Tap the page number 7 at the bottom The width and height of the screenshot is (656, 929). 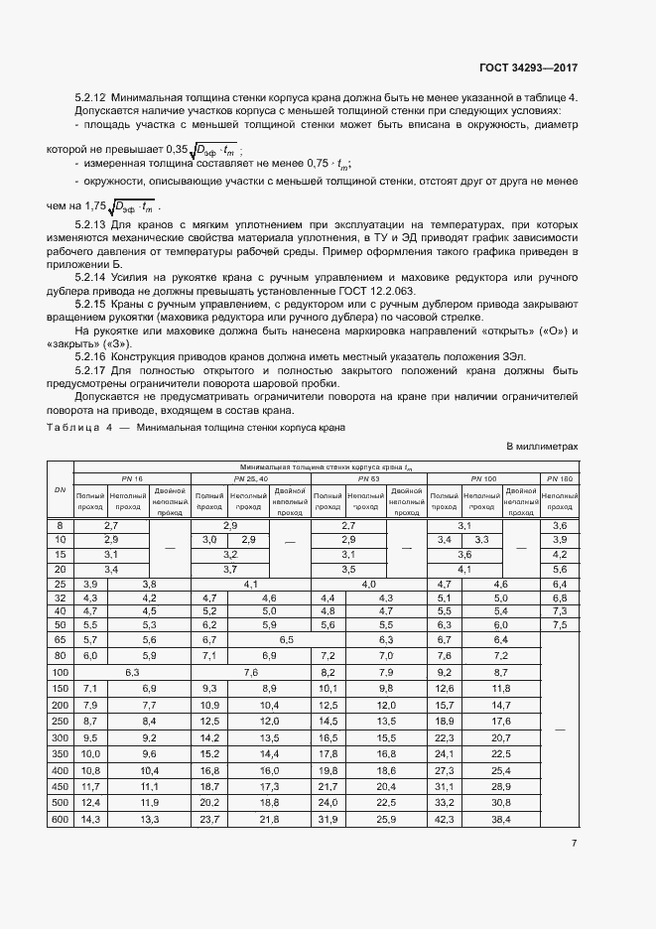pyautogui.click(x=574, y=843)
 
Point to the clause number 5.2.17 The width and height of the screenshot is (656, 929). pyautogui.click(x=92, y=369)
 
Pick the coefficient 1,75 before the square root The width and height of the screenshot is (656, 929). pyautogui.click(x=95, y=206)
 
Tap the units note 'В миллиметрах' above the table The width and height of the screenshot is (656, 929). pyautogui.click(x=542, y=447)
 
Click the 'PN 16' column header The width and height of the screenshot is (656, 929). pyautogui.click(x=132, y=478)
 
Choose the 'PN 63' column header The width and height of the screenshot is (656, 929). pyautogui.click(x=367, y=478)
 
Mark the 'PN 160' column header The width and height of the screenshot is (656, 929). pyautogui.click(x=558, y=478)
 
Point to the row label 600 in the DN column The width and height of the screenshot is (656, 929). pyautogui.click(x=60, y=819)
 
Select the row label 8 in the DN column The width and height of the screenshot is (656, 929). pyautogui.click(x=60, y=524)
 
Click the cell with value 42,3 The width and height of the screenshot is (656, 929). pyautogui.click(x=444, y=819)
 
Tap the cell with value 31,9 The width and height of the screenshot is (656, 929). pyautogui.click(x=327, y=819)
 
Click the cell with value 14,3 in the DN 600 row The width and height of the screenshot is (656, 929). pyautogui.click(x=90, y=819)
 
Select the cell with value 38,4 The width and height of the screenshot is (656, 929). pyautogui.click(x=499, y=819)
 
